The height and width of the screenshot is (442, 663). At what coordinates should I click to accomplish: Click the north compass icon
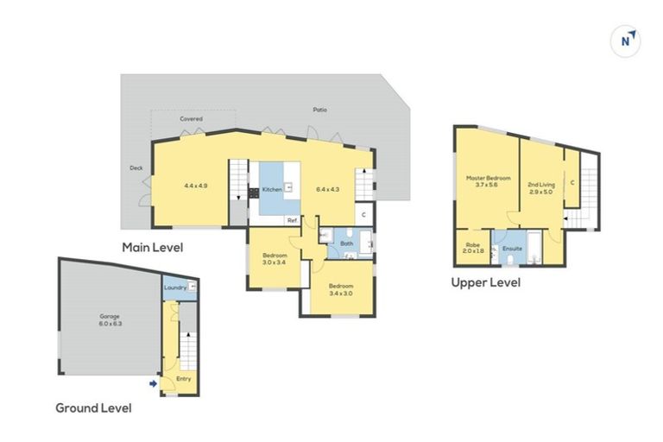[x=626, y=41]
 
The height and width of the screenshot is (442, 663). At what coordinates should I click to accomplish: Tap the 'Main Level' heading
[x=152, y=247]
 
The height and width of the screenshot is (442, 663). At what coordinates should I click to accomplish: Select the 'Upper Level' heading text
[x=486, y=281]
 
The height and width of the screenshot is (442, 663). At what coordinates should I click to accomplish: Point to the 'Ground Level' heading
[x=93, y=407]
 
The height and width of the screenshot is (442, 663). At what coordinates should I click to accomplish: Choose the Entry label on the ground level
[x=184, y=378]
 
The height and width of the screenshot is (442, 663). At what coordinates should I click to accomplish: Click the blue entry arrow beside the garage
[x=154, y=384]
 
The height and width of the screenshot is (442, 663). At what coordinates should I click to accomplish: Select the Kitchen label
[x=272, y=188]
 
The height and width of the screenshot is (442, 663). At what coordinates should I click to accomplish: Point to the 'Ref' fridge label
[x=292, y=220]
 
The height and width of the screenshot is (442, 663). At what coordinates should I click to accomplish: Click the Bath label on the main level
[x=346, y=243]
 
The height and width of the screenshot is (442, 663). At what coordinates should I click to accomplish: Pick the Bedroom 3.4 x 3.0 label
[x=339, y=290]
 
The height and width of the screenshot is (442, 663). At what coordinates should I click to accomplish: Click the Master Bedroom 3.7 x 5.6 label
[x=488, y=181]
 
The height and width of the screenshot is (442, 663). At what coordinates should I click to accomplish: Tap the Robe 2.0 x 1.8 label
[x=473, y=248]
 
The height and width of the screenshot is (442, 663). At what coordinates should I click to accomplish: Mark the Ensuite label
[x=512, y=249]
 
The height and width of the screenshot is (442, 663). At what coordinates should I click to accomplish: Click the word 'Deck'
[x=136, y=168]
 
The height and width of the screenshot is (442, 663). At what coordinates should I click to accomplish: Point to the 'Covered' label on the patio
[x=192, y=118]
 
